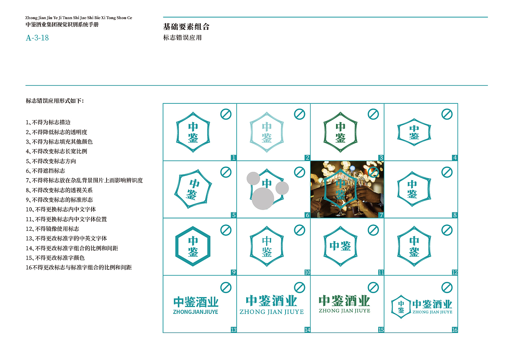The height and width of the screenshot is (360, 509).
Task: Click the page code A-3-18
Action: click(37, 38)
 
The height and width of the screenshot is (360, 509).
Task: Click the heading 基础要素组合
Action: click(186, 27)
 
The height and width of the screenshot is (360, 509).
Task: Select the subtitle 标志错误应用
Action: click(183, 38)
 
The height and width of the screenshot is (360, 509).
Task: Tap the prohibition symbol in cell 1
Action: click(226, 114)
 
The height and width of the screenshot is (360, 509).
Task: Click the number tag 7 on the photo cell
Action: click(381, 215)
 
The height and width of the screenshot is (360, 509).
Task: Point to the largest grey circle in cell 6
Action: click(263, 198)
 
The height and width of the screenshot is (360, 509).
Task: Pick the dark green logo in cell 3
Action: click(340, 132)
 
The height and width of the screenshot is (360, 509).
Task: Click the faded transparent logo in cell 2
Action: click(266, 132)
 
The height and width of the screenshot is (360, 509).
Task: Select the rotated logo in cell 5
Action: click(193, 189)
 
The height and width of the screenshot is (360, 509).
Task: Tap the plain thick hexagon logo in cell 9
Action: click(193, 246)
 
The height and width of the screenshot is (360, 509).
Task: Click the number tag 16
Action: click(455, 330)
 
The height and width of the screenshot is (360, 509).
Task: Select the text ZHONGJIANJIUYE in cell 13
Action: click(196, 312)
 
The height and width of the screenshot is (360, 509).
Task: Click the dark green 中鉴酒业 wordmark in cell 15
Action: click(344, 301)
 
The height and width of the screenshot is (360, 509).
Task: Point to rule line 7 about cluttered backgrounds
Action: click(84, 181)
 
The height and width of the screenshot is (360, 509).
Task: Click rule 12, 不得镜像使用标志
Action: click(52, 229)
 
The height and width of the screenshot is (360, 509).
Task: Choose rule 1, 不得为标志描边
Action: click(48, 123)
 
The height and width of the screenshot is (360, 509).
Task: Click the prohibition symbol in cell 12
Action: click(447, 230)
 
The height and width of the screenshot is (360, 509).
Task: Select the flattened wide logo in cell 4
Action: click(414, 132)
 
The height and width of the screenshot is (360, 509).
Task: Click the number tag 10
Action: click(307, 272)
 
